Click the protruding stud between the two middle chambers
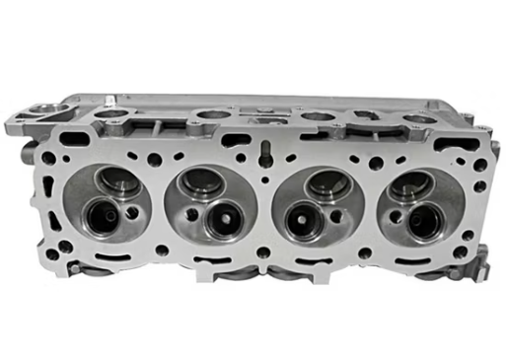(x=266, y=152)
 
